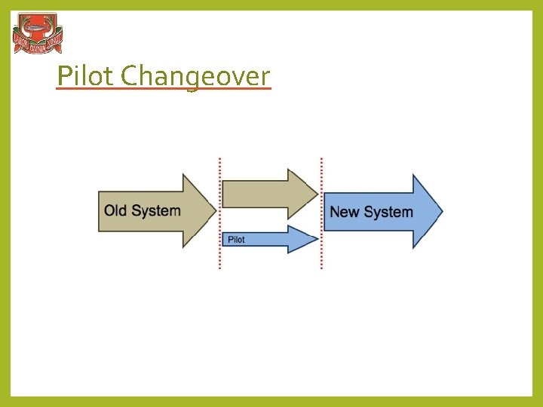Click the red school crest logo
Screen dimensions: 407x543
coord(38,33)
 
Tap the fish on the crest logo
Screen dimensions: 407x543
coord(38,30)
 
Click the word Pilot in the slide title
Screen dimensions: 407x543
coord(86,75)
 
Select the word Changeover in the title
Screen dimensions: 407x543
coord(195,76)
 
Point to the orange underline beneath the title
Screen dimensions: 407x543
coord(163,89)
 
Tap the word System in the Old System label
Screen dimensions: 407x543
coord(156,210)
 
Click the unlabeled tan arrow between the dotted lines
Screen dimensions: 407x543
coord(264,194)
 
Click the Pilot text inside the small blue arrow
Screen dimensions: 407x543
coord(236,240)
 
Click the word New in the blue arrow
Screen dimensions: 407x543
coord(344,212)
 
